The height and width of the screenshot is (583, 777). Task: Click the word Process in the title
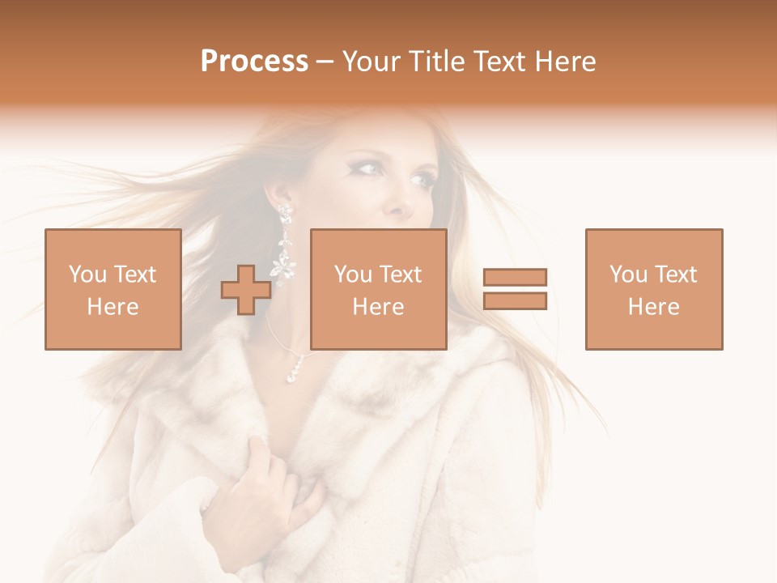coord(254,62)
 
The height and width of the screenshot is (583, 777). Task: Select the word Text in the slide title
coord(502,62)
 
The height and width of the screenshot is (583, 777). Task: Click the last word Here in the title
coord(567,62)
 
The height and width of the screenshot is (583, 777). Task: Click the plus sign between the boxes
coord(246,290)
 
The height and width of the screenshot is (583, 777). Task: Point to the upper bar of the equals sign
coord(515,277)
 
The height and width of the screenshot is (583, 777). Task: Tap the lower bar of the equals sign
coord(515,301)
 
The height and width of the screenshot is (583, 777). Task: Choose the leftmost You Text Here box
coord(113,289)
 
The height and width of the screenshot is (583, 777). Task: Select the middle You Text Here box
coord(378,289)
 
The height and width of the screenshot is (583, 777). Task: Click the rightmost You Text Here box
coord(653,289)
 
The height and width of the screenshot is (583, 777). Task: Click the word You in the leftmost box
coord(87,274)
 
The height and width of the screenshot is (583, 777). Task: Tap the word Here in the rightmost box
coord(653,306)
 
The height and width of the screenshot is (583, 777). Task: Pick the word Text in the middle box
coord(401,274)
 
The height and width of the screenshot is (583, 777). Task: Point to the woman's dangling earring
coord(284,243)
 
